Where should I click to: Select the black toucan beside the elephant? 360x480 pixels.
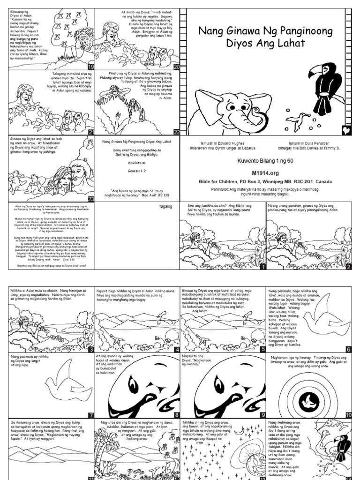tap(325, 87)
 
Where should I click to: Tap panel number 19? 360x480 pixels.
tap(91, 67)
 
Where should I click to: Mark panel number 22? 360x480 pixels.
tap(177, 132)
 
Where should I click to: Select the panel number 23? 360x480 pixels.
tap(91, 199)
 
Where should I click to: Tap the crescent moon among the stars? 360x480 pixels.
tap(239, 431)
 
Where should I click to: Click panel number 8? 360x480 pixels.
tap(177, 414)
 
